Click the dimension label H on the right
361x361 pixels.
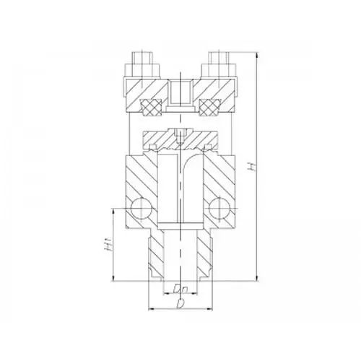click(252, 167)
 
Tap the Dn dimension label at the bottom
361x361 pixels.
click(180, 290)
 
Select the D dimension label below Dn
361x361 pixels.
click(180, 304)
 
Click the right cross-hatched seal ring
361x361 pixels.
click(209, 107)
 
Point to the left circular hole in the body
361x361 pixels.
click(141, 208)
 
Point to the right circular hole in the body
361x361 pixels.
click(219, 208)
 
